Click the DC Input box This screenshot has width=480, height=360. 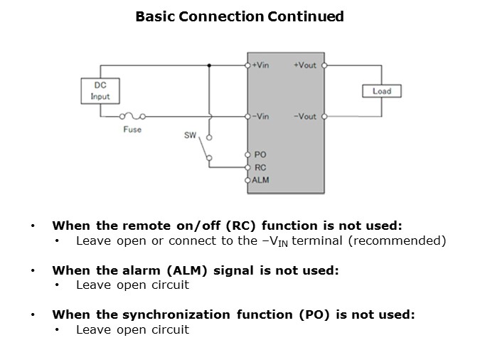(x=100, y=90)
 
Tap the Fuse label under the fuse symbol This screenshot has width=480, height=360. (x=132, y=129)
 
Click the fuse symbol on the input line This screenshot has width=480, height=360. (x=133, y=116)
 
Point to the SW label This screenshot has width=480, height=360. (x=190, y=134)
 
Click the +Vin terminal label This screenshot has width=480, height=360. (x=261, y=65)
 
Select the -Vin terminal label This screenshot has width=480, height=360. (x=261, y=117)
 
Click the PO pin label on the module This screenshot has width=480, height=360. (x=260, y=154)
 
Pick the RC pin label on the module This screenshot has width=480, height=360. (x=260, y=167)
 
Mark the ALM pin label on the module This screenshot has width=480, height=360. (x=261, y=180)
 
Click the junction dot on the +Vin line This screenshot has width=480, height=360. (x=209, y=65)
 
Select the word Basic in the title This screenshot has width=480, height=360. (x=154, y=16)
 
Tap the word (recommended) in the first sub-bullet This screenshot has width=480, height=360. (x=402, y=240)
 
